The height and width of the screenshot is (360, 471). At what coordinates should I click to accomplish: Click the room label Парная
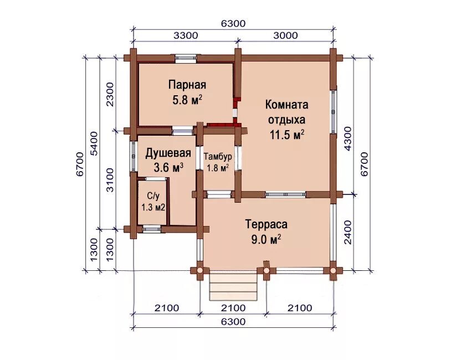[x=187, y=85]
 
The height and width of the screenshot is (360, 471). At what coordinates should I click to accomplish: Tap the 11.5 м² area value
[x=287, y=135]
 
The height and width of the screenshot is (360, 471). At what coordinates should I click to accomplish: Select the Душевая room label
[x=168, y=153]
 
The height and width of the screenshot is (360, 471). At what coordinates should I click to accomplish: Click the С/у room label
[x=153, y=196]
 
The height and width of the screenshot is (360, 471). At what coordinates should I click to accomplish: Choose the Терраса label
[x=266, y=224]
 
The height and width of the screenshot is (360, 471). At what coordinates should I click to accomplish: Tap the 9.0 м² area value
[x=267, y=240]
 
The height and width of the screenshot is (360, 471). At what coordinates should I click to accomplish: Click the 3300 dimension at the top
[x=186, y=35]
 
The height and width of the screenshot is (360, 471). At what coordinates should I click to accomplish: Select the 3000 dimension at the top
[x=285, y=35]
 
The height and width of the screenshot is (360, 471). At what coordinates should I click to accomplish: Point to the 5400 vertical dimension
[x=94, y=143]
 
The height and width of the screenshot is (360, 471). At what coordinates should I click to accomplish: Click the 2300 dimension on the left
[x=110, y=94]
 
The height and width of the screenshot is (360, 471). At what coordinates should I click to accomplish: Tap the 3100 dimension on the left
[x=110, y=180]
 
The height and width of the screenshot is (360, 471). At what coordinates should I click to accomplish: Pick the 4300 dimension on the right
[x=347, y=138]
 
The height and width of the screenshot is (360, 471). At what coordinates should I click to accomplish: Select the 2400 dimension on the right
[x=347, y=232]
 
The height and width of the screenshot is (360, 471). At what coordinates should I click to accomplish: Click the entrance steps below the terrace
[x=233, y=286]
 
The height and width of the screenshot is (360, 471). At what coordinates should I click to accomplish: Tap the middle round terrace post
[x=266, y=270]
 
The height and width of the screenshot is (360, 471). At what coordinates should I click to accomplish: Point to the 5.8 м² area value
[x=187, y=100]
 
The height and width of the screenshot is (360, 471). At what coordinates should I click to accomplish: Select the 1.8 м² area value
[x=218, y=168]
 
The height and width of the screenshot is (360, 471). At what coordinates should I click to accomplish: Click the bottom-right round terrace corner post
[x=333, y=270]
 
